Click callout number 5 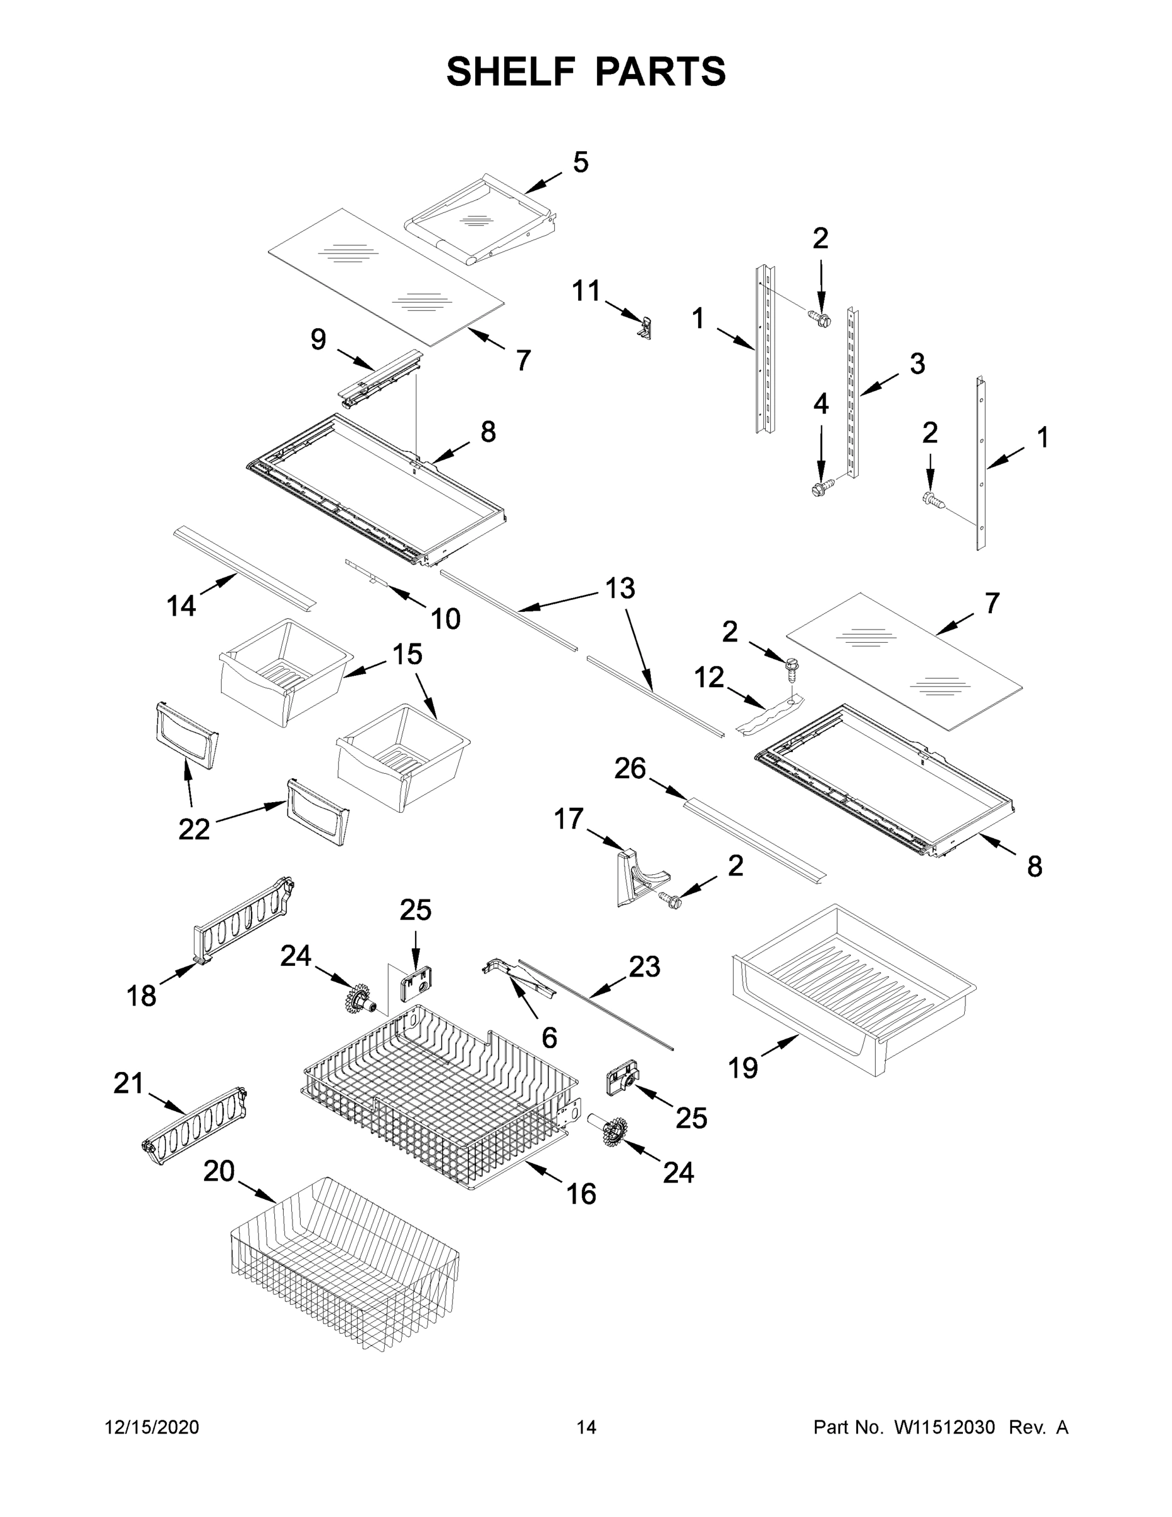581,162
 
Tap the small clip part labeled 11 646,327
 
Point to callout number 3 917,363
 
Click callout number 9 318,339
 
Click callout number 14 181,606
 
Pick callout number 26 630,769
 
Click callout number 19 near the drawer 742,1067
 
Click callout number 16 581,1194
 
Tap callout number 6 548,1038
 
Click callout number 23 644,967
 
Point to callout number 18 141,996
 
